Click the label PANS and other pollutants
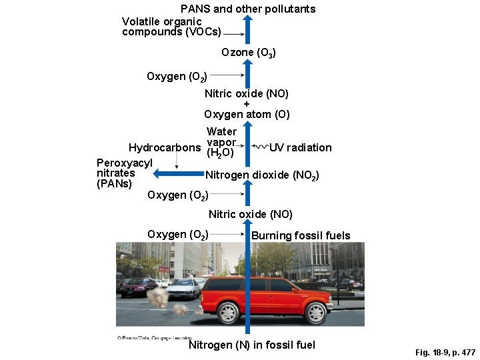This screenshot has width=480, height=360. (x=248, y=9)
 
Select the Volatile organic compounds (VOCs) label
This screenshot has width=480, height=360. (x=171, y=27)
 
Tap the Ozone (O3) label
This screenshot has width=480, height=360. (x=249, y=52)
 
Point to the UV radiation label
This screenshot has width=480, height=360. (x=300, y=147)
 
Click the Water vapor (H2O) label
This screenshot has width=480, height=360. (x=221, y=142)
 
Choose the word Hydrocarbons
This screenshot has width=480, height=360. (x=164, y=147)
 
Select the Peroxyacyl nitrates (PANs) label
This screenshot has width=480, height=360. (x=125, y=173)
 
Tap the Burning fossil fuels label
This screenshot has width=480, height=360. (x=301, y=235)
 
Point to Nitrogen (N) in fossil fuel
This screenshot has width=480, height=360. (x=251, y=345)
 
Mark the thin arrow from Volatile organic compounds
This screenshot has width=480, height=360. (x=231, y=32)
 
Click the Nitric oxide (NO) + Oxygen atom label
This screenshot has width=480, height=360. (x=247, y=104)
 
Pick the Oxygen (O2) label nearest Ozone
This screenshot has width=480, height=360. (x=177, y=77)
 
